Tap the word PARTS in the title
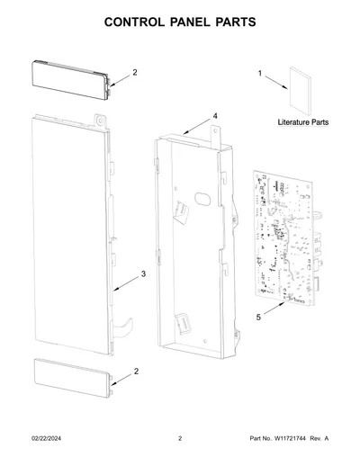(236, 22)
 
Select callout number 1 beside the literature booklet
(260, 73)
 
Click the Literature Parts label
(303, 122)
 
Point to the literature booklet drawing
(300, 91)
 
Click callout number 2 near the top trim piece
(135, 72)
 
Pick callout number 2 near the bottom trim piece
(136, 372)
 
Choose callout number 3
(143, 273)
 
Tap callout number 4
(215, 116)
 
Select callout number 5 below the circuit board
(258, 318)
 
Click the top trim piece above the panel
(70, 80)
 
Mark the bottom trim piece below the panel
(73, 378)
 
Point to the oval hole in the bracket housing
(202, 199)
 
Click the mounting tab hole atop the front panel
(100, 121)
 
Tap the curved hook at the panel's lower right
(123, 327)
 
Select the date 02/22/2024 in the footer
(46, 438)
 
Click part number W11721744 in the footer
(290, 438)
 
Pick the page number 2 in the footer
(180, 438)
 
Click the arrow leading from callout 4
(197, 126)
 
